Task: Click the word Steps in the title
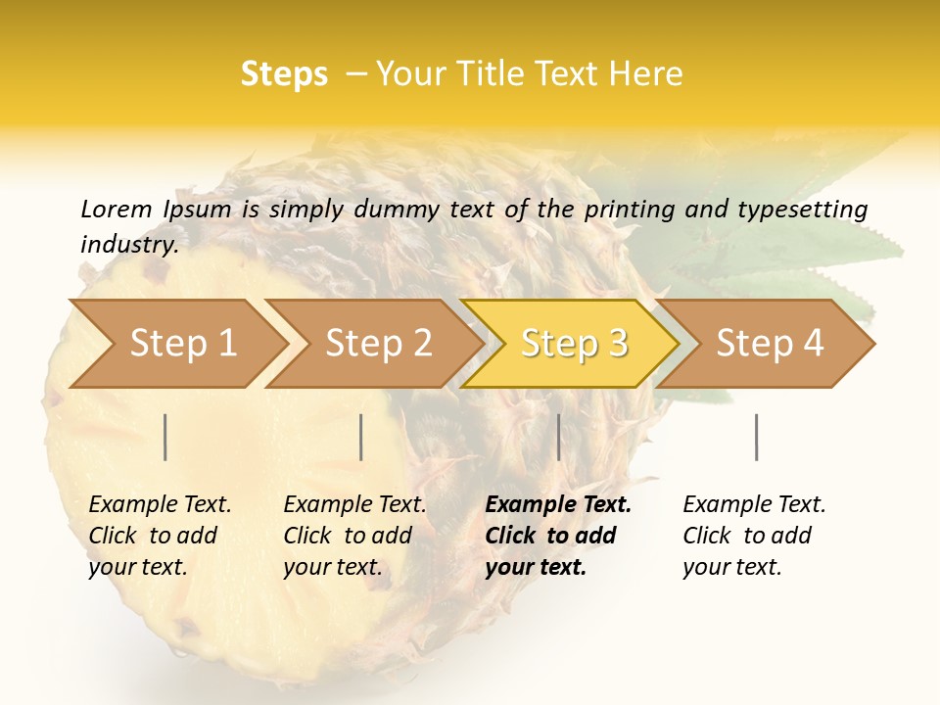tap(284, 74)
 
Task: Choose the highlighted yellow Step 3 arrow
tap(574, 344)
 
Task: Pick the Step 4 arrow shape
tap(770, 344)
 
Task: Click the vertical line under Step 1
tap(165, 437)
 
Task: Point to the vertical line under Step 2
tap(361, 437)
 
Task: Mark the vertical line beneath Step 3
tap(558, 437)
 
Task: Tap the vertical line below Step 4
tap(757, 437)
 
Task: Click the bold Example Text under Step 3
tap(558, 536)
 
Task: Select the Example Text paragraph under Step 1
tap(160, 536)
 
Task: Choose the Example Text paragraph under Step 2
tap(354, 536)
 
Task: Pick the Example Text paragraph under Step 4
tap(754, 536)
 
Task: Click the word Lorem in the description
tap(117, 209)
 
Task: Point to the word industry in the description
tap(128, 245)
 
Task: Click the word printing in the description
tap(628, 210)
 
